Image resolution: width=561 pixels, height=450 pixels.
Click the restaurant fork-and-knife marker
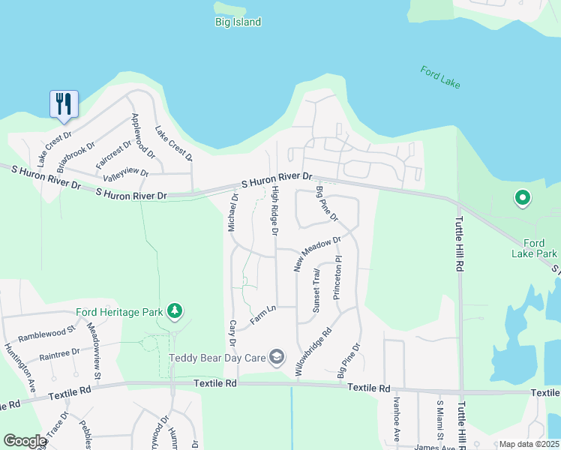(64, 103)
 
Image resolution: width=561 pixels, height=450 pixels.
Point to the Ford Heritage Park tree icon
(174, 310)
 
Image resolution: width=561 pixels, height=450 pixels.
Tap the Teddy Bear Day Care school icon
(277, 357)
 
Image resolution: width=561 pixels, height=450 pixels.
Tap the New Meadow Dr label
(317, 253)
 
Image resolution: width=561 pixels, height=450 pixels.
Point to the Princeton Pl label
(337, 278)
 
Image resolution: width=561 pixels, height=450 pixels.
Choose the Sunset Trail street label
(316, 290)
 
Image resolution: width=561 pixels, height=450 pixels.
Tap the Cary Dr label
(233, 334)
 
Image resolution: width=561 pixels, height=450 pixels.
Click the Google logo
(25, 441)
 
